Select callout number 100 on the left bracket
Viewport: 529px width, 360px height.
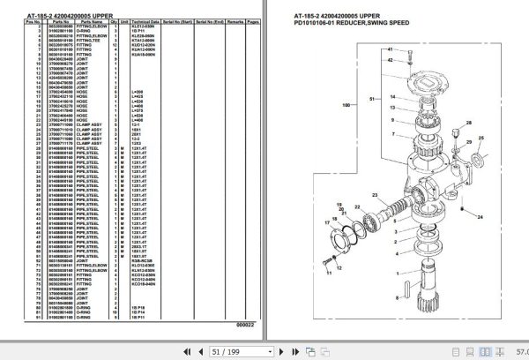(346, 106)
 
